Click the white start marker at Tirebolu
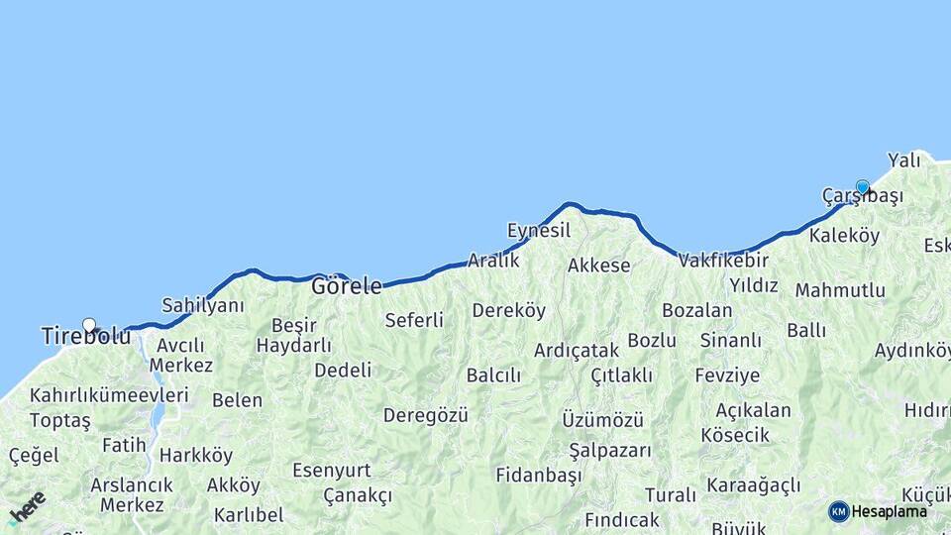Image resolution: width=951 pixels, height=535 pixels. (89, 325)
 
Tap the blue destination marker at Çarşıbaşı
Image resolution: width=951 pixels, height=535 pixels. (863, 187)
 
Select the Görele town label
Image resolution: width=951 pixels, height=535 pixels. (347, 286)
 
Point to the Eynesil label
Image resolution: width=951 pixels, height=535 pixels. (539, 230)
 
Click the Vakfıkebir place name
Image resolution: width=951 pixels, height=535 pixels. (723, 261)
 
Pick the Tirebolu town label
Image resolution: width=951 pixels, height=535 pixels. (86, 337)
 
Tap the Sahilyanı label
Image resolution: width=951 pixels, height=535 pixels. (203, 305)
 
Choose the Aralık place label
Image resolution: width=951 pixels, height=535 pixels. (493, 260)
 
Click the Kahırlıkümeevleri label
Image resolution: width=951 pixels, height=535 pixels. (109, 395)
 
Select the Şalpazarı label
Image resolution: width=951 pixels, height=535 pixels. (610, 450)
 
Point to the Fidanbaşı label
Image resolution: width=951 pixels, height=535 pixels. (539, 475)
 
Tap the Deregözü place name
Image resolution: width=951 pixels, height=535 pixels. (426, 415)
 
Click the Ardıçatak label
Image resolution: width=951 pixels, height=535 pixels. (577, 350)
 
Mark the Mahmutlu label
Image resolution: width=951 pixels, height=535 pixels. (840, 290)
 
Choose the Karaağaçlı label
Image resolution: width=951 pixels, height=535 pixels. (754, 485)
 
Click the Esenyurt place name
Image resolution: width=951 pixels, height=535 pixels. (332, 470)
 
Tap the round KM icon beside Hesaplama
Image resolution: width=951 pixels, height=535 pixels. (839, 511)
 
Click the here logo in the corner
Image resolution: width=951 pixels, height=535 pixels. (27, 508)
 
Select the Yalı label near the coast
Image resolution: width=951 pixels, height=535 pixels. (904, 160)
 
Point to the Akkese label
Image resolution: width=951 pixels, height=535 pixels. (599, 266)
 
